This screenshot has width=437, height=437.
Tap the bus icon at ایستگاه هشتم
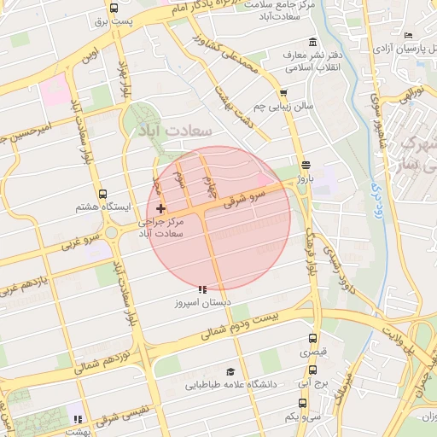click(x=103, y=195)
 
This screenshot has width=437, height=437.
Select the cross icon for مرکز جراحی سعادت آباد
click(x=160, y=208)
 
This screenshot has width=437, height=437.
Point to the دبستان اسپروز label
click(x=201, y=303)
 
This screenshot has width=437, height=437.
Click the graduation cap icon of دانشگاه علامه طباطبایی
click(x=229, y=372)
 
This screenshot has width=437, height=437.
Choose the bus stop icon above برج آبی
click(x=313, y=370)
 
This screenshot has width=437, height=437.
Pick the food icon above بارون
click(x=306, y=166)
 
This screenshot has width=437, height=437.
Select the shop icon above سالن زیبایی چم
click(x=283, y=93)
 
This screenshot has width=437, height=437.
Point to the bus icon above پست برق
click(x=114, y=7)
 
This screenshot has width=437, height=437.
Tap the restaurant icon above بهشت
click(x=78, y=418)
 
